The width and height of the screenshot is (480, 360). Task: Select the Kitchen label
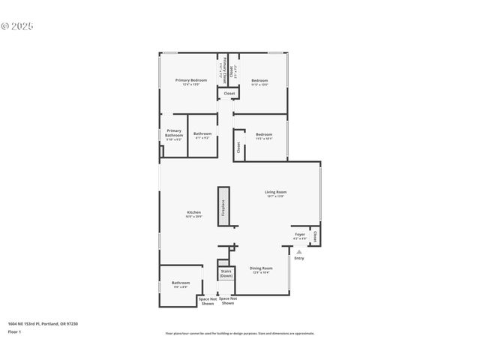point(193,214)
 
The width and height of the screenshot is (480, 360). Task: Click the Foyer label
point(299,235)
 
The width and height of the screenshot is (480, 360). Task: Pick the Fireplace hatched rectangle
point(223,206)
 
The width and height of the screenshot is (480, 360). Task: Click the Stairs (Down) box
point(226,274)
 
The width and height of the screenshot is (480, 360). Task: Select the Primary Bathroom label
point(174,134)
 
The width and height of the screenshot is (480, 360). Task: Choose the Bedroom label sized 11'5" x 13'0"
point(259,82)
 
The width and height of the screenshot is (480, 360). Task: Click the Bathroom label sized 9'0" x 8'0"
point(181,284)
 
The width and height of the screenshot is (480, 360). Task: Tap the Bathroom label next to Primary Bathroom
point(202,135)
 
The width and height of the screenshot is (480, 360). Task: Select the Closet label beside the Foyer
point(315,236)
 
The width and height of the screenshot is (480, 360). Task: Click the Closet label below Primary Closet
point(229,94)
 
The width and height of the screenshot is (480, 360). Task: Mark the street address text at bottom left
point(43,323)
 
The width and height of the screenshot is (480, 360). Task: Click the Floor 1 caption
point(15,331)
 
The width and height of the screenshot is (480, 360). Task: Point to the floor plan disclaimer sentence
point(239,334)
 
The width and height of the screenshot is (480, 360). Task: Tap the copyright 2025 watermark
point(16,25)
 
